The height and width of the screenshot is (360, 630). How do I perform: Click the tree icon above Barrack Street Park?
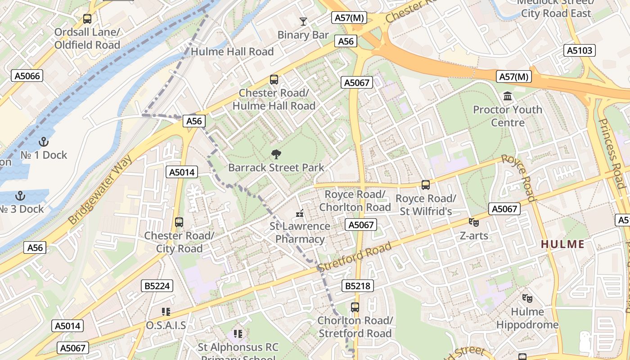pyautogui.click(x=276, y=154)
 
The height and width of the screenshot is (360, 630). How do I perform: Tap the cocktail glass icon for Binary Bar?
pyautogui.click(x=303, y=21)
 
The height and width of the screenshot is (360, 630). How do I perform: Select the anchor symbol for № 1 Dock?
pyautogui.click(x=44, y=142)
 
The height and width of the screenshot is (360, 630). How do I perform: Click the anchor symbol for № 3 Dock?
pyautogui.click(x=19, y=196)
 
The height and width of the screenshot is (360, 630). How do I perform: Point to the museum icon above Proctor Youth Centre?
pyautogui.click(x=508, y=96)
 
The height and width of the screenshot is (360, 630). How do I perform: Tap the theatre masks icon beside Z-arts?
pyautogui.click(x=473, y=222)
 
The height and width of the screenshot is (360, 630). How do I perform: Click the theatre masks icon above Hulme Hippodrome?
pyautogui.click(x=527, y=298)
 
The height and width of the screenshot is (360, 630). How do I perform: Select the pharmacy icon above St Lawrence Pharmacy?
pyautogui.click(x=300, y=213)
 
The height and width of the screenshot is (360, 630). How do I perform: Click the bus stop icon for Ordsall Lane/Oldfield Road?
pyautogui.click(x=87, y=19)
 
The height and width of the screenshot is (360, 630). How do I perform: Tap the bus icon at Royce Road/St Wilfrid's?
pyautogui.click(x=425, y=184)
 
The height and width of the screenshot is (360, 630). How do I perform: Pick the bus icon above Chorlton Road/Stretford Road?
pyautogui.click(x=355, y=307)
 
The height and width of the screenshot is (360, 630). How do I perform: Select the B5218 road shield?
pyautogui.click(x=358, y=286)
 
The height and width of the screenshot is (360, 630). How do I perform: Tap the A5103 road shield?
pyautogui.click(x=580, y=50)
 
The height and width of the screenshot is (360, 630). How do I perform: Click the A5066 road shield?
pyautogui.click(x=27, y=76)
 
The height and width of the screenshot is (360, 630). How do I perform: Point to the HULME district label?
pyautogui.click(x=562, y=244)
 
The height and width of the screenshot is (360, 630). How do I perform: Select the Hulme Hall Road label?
pyautogui.click(x=232, y=52)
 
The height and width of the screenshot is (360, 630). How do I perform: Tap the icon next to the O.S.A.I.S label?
pyautogui.click(x=166, y=311)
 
